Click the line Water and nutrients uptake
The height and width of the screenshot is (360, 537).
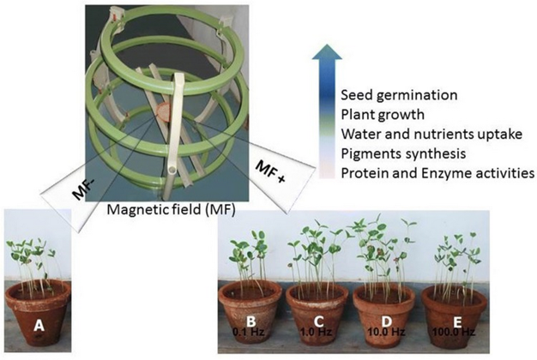pyautogui.click(x=422, y=134)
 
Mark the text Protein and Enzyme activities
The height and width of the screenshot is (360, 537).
pyautogui.click(x=437, y=173)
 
